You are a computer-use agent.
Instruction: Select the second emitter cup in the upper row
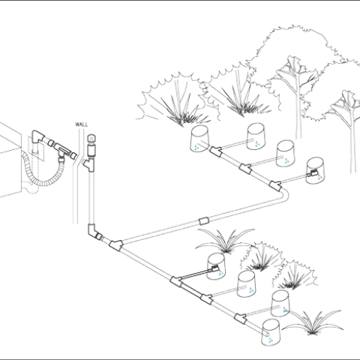coord(255,135)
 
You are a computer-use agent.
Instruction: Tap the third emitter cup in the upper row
coord(286,154)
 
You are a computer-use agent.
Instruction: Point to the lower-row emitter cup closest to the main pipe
coord(217,265)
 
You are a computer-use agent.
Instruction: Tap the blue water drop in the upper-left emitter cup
coord(196,147)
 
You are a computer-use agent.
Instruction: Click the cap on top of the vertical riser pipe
coord(91,139)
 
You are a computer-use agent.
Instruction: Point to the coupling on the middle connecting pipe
coord(203,222)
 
